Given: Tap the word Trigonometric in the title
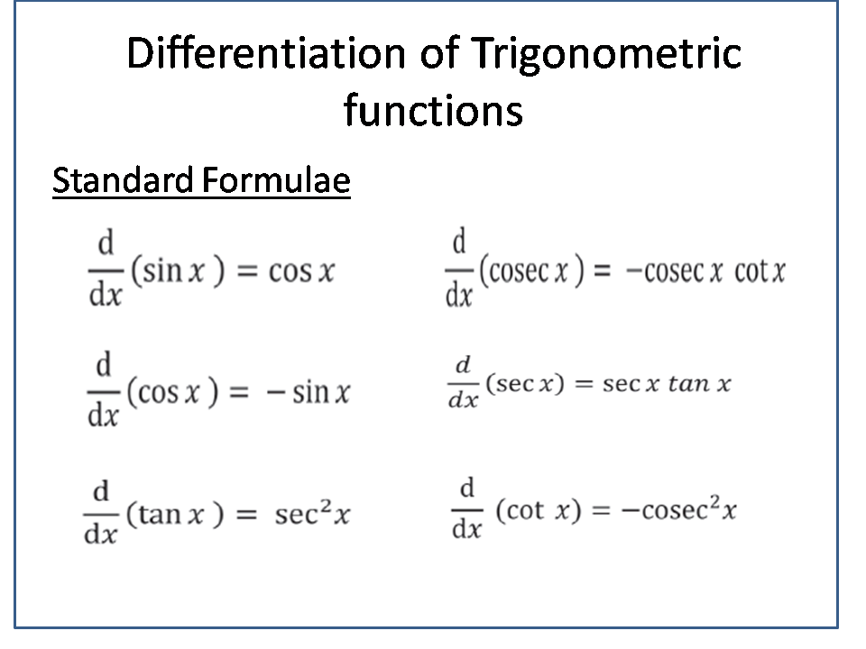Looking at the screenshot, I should (605, 56).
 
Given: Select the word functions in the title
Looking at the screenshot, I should (433, 111).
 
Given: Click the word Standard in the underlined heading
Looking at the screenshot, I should (123, 181).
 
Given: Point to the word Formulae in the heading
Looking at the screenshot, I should (275, 181).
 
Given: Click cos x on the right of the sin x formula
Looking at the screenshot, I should (301, 271).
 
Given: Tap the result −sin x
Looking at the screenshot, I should (309, 392).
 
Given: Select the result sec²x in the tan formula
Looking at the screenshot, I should (312, 515).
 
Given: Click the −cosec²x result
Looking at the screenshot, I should (678, 510).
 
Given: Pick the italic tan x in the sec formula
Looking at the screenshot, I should (699, 384).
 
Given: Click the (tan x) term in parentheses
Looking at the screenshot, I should (174, 516).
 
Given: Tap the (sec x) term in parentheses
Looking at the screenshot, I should (524, 384).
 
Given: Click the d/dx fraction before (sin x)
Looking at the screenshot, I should (106, 269).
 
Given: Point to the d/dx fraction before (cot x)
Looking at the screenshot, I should (466, 509).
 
